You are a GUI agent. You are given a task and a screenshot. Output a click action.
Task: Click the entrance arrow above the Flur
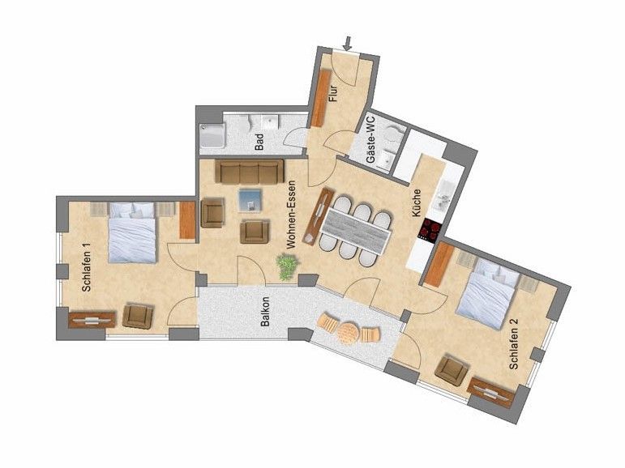pyautogui.click(x=348, y=44)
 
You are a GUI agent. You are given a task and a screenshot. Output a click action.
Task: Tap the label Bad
pyautogui.click(x=259, y=142)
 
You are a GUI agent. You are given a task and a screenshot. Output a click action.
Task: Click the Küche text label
pyautogui.click(x=416, y=202)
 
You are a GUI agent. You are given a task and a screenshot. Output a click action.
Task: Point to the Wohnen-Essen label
pyautogui.click(x=291, y=215)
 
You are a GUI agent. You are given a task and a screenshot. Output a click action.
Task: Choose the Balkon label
pyautogui.click(x=265, y=312)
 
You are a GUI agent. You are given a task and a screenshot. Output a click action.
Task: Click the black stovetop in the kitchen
pyautogui.click(x=429, y=230)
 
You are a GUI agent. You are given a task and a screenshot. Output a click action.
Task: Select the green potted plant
pyautogui.click(x=288, y=266)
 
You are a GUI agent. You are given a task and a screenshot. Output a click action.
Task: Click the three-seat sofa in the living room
pyautogui.click(x=250, y=172)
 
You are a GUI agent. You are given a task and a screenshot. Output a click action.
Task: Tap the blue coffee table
pyautogui.click(x=250, y=200)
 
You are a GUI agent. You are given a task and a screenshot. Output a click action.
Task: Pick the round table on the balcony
pyautogui.click(x=349, y=333)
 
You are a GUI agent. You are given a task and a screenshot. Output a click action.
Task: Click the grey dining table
pyautogui.click(x=355, y=232)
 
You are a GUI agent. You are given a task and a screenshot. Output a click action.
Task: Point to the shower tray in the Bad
pyautogui.click(x=212, y=136)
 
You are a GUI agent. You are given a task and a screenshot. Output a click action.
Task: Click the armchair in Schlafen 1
pyautogui.click(x=138, y=317)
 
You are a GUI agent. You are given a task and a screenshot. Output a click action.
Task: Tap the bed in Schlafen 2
pyautogui.click(x=489, y=293)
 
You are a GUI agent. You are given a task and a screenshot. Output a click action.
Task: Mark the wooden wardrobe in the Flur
pyautogui.click(x=321, y=99)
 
